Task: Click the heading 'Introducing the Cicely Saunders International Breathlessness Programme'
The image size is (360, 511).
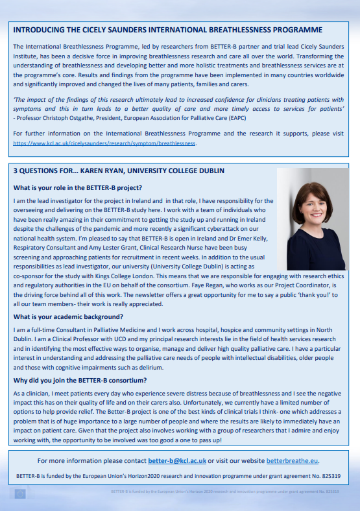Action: click(167, 30)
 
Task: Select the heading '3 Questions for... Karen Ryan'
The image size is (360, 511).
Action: click(119, 171)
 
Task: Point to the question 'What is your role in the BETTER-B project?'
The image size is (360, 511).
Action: click(77, 187)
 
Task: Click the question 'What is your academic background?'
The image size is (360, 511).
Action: click(67, 316)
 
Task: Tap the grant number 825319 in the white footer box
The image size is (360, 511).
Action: click(331, 475)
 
